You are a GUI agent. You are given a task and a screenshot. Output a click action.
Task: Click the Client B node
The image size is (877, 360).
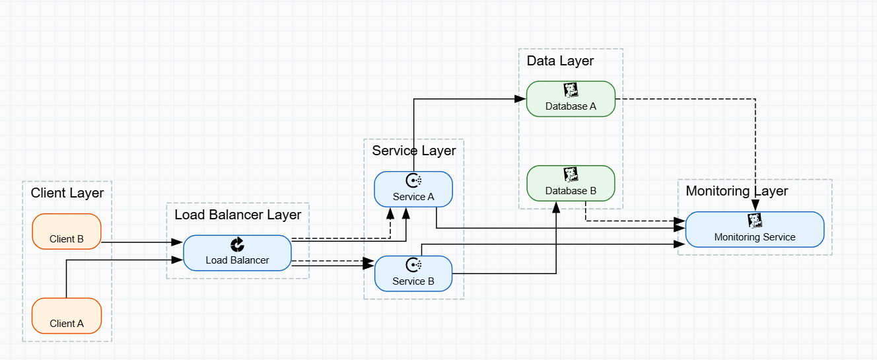pos(67,231)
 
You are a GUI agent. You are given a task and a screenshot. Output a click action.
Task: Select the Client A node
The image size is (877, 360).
pos(67,316)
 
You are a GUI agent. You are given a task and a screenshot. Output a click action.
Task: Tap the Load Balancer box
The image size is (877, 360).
pos(237,253)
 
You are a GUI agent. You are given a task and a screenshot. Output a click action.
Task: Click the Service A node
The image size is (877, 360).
pos(413,190)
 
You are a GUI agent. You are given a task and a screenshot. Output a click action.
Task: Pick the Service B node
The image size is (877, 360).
pos(413,273)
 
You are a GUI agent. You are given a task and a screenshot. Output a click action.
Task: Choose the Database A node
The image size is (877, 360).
pos(571,99)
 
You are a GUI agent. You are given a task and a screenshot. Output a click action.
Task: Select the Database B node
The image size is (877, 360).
pos(571,183)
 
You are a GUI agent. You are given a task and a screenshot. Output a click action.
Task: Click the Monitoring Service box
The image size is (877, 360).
pos(755,229)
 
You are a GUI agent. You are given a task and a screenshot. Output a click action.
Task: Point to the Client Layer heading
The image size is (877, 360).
pos(67,193)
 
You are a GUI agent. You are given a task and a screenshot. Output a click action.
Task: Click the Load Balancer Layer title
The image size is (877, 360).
pos(238,215)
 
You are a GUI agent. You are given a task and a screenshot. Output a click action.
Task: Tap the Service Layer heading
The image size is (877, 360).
pos(414,151)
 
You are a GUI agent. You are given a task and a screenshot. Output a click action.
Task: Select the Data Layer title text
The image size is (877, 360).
pos(560,61)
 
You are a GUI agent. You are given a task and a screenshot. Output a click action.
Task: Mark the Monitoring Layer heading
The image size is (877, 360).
pos(737,191)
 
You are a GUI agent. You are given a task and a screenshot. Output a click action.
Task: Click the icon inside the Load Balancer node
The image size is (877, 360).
pos(237,245)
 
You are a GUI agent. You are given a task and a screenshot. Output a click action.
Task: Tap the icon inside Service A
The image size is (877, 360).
pos(413,180)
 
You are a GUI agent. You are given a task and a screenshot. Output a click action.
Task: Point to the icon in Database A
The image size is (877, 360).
pos(571,90)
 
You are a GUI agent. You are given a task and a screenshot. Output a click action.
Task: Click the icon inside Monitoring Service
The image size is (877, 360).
pos(755,220)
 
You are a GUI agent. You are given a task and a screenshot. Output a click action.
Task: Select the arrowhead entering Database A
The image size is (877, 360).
pos(520,99)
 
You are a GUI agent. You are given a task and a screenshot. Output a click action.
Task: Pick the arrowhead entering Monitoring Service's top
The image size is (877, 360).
pos(755,206)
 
